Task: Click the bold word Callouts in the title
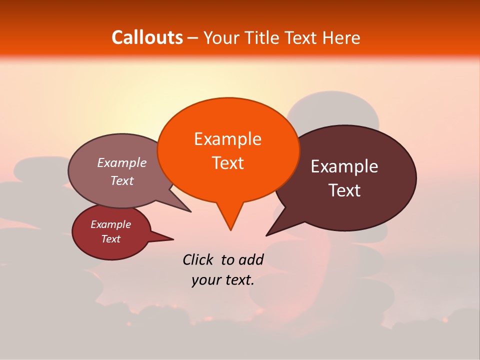point(147,37)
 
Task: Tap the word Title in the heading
point(262,37)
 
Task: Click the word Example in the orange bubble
point(227,139)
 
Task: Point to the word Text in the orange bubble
point(227,162)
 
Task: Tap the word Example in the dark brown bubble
point(344,166)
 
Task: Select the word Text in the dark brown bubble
point(344,190)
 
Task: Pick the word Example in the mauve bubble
point(122,162)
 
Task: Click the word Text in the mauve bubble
point(122,180)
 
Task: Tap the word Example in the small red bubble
point(110,224)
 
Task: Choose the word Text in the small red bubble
point(110,239)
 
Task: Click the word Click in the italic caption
point(198,259)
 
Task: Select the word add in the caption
point(250,259)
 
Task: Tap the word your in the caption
point(204,280)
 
